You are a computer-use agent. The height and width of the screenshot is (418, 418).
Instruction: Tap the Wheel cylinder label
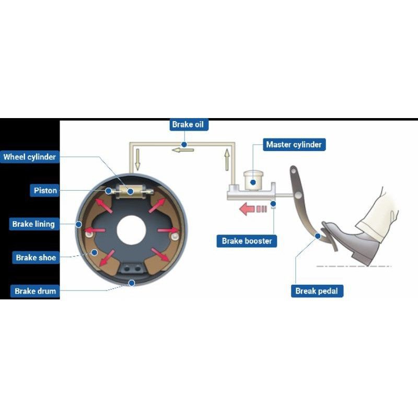(x=30, y=157)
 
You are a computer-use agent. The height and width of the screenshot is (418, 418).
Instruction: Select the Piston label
(x=45, y=191)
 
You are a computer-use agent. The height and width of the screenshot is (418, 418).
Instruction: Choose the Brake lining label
(x=33, y=224)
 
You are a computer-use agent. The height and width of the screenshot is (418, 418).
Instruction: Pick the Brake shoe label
(x=36, y=258)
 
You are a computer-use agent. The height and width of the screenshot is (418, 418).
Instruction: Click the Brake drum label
(x=36, y=291)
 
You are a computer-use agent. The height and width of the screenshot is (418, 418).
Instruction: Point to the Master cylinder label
(x=294, y=144)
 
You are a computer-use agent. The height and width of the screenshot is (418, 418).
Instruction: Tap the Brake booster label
(x=247, y=241)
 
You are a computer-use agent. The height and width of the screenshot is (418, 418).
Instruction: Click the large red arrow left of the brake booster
(x=247, y=210)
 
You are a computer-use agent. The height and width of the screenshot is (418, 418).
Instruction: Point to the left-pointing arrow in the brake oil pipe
(x=183, y=150)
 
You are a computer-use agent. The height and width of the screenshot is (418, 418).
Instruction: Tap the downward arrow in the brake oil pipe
(x=137, y=159)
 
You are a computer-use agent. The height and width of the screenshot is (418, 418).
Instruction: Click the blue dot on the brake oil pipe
(x=184, y=144)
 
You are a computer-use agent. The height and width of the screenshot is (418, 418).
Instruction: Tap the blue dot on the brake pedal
(x=318, y=236)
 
